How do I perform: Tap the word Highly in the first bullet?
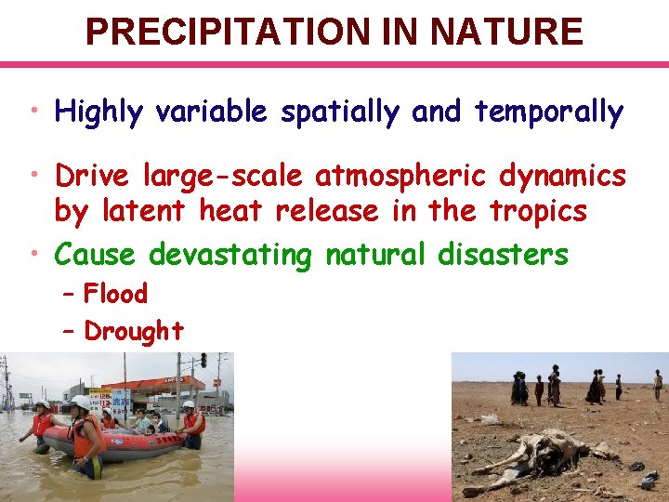click(x=98, y=112)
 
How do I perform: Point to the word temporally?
click(x=548, y=112)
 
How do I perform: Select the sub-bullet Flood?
click(x=115, y=295)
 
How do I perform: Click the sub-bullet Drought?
click(x=133, y=331)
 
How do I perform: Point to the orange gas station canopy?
click(x=153, y=383)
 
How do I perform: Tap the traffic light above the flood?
click(x=203, y=360)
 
